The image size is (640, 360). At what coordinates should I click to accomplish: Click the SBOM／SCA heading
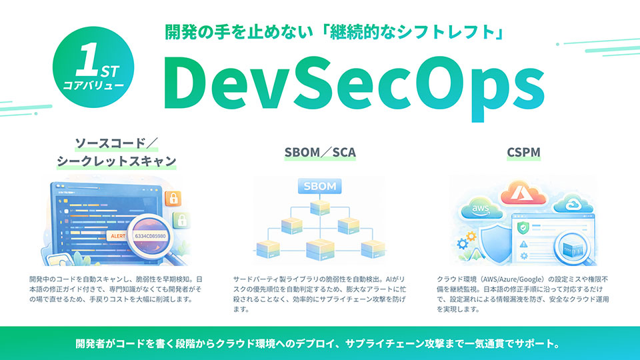(319, 152)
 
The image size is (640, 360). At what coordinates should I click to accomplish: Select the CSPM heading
(522, 152)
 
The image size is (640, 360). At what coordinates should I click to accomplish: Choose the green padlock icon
(179, 219)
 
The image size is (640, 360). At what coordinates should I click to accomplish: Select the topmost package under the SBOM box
(320, 206)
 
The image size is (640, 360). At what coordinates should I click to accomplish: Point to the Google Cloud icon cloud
(571, 202)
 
